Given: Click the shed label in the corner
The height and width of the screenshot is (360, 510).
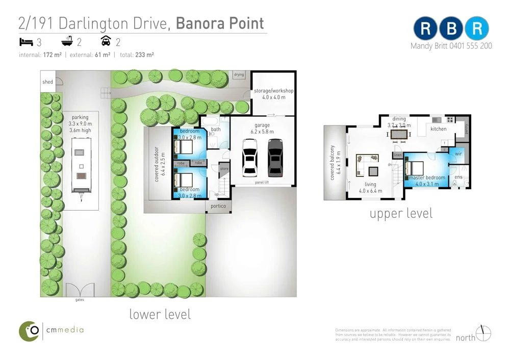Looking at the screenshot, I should (47, 82).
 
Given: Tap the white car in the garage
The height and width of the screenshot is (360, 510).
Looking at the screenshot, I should (250, 156).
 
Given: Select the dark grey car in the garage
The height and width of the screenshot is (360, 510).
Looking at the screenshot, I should (275, 156).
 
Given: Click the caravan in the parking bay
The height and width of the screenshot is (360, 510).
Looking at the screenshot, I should (80, 168).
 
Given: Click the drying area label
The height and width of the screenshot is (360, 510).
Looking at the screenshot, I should (239, 75).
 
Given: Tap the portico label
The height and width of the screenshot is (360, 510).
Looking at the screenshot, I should (218, 206).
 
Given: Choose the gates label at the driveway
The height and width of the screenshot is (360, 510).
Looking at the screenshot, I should (80, 300).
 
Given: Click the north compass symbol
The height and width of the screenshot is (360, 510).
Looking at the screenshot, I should (484, 333).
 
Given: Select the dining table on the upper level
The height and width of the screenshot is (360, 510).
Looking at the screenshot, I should (399, 134).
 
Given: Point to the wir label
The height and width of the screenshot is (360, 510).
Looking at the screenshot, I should (458, 153).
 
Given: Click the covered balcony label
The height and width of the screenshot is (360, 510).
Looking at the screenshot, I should (332, 163).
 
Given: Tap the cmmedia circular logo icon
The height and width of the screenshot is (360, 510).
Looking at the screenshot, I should (30, 331).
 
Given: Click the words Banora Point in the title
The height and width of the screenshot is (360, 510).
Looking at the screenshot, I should (220, 23).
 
